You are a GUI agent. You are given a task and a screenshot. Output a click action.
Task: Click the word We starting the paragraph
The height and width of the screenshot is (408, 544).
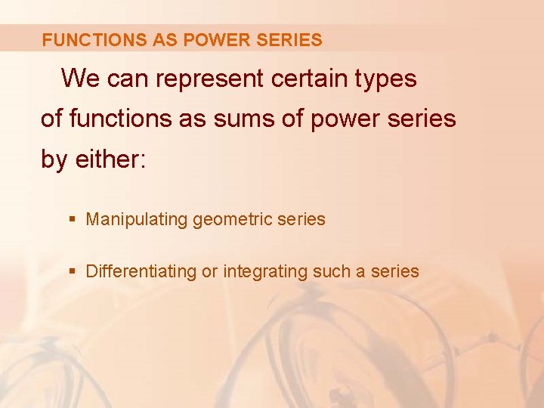point(81,79)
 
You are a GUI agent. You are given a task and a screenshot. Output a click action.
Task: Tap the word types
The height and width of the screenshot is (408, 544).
point(388,79)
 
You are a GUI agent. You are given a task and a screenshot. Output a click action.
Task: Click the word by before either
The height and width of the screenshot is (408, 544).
point(54,159)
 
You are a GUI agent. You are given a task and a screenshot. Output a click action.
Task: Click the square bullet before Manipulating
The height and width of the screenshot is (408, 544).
point(72,220)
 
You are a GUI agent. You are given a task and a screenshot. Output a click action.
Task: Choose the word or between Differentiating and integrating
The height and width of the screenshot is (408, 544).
point(209,272)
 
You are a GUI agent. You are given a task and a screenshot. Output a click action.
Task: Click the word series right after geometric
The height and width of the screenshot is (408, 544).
point(301,220)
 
